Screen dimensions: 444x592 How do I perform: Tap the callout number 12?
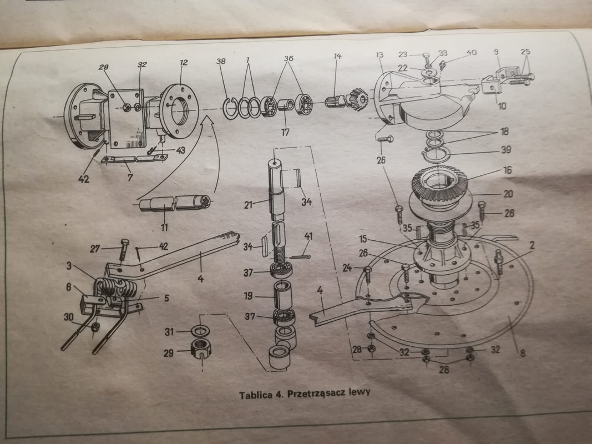(184, 63)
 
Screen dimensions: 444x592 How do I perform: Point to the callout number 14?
(337, 57)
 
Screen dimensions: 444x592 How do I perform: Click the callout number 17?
(285, 133)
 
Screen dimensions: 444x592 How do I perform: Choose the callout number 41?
(308, 237)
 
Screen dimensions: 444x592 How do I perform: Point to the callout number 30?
(68, 316)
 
